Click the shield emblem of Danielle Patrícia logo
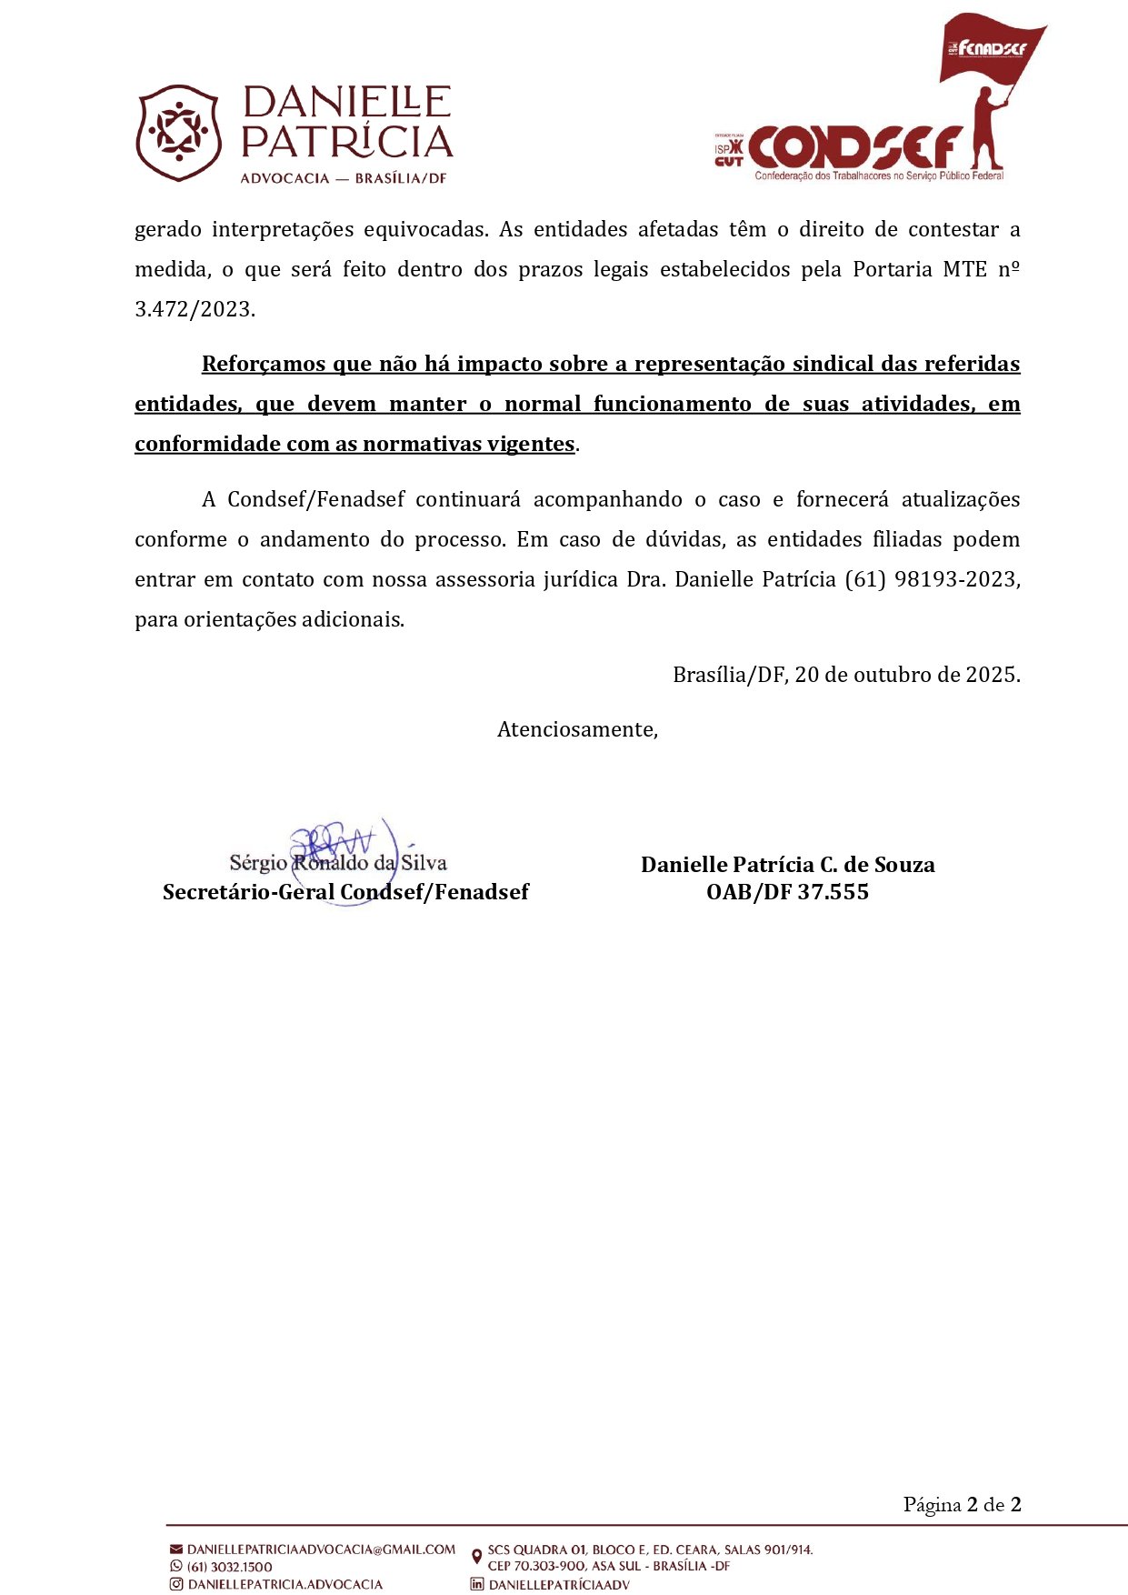click(178, 133)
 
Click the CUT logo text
click(729, 162)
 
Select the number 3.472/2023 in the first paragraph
click(195, 309)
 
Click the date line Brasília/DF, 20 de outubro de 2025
click(846, 675)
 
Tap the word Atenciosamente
click(577, 729)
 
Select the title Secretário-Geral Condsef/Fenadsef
click(345, 892)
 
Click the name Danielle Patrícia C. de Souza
click(787, 865)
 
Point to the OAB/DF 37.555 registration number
click(787, 892)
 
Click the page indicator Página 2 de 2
click(962, 1504)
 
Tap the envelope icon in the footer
click(176, 1550)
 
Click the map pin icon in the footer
click(477, 1557)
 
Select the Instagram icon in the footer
click(176, 1584)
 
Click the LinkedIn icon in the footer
click(477, 1584)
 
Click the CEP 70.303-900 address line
click(608, 1566)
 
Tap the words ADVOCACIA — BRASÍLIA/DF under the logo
click(344, 178)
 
